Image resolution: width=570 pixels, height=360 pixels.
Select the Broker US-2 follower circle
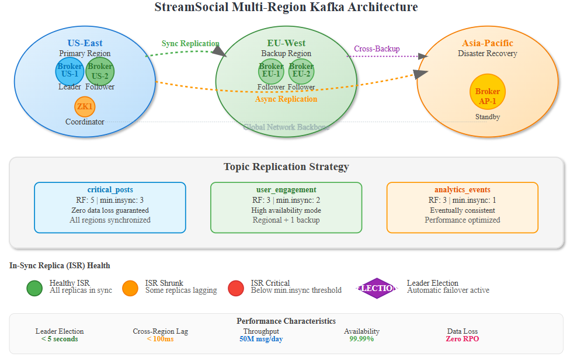pyautogui.click(x=100, y=71)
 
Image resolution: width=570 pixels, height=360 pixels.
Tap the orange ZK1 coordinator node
pyautogui.click(x=85, y=106)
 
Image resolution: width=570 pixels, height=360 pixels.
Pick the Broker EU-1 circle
pyautogui.click(x=271, y=71)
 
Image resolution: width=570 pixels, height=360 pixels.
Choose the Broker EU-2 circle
pyautogui.click(x=301, y=71)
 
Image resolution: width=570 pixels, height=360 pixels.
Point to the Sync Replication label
pyautogui.click(x=190, y=44)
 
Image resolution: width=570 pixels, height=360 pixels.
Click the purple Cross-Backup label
pyautogui.click(x=377, y=49)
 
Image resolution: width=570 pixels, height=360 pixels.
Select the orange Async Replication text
pyautogui.click(x=286, y=99)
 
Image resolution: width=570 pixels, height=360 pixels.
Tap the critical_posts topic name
pyautogui.click(x=110, y=190)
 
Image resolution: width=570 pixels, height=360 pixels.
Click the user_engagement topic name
pyautogui.click(x=286, y=190)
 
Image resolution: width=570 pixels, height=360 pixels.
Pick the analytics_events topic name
pyautogui.click(x=462, y=190)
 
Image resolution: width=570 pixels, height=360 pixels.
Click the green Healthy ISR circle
pyautogui.click(x=34, y=288)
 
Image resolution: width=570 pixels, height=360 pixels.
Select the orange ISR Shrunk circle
pyautogui.click(x=130, y=288)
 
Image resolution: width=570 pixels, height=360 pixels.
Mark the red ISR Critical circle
pyautogui.click(x=236, y=288)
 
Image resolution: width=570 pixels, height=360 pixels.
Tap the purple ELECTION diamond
pyautogui.click(x=377, y=288)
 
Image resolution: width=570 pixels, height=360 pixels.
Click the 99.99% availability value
pyautogui.click(x=362, y=339)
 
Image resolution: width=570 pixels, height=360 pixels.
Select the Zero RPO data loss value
pyautogui.click(x=462, y=339)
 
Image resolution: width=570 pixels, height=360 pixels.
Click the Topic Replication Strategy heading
pyautogui.click(x=286, y=167)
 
